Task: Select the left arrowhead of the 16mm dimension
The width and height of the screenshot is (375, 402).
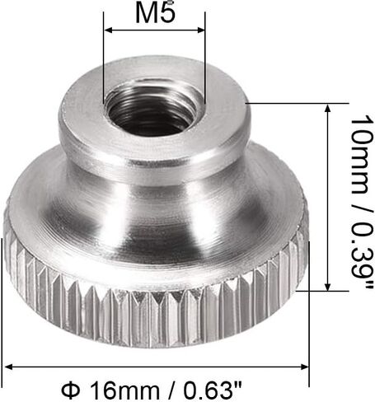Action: point(7,366)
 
